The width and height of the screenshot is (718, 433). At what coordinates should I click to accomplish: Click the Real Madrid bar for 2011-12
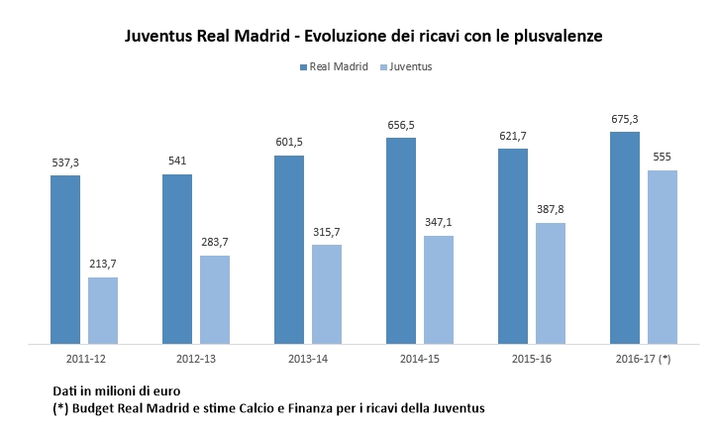(x=65, y=261)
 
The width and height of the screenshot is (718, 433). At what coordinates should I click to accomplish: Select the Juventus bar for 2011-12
(x=103, y=311)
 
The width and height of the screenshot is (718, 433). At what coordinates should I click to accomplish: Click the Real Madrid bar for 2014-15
(x=401, y=241)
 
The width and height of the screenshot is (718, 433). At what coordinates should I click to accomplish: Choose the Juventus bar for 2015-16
(x=551, y=283)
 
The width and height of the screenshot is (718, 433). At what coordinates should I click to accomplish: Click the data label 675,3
(x=625, y=120)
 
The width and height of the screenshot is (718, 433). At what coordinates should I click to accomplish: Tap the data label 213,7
(x=103, y=266)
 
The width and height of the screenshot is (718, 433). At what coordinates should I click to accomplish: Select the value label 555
(x=663, y=158)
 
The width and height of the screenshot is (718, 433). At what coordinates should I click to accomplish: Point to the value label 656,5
(x=401, y=126)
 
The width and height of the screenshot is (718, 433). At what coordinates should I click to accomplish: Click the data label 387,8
(x=551, y=210)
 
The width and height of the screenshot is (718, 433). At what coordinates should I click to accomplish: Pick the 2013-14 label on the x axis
(x=307, y=359)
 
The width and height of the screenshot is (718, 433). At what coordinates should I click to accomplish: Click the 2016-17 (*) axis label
(x=644, y=359)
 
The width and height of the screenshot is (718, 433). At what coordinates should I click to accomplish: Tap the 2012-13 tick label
(x=195, y=359)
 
